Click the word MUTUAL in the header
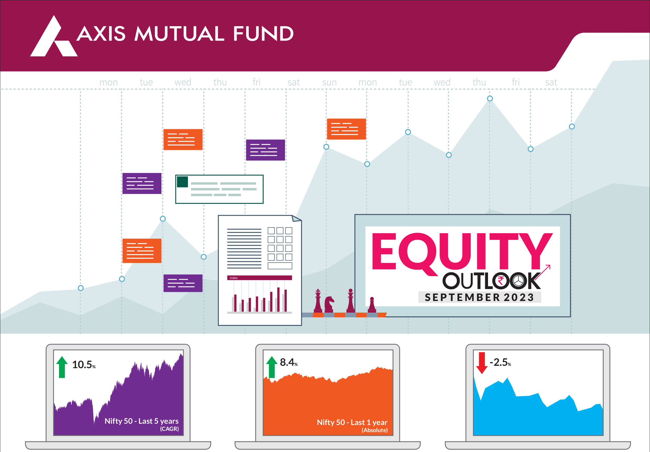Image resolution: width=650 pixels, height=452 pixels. click(180, 34)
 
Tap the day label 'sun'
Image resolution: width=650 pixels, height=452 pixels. click(329, 82)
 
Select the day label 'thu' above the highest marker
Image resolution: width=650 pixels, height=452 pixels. click(479, 82)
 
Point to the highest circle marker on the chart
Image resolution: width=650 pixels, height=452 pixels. click(490, 99)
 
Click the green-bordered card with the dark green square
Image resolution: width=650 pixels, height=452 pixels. click(219, 189)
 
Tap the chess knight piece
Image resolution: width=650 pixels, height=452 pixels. click(329, 303)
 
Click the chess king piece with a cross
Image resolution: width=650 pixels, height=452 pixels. click(318, 300)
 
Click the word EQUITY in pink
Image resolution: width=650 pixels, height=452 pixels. click(462, 252)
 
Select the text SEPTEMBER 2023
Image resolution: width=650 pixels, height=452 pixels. click(480, 297)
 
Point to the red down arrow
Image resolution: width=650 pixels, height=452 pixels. click(482, 363)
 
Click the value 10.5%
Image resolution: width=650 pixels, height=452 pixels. click(84, 364)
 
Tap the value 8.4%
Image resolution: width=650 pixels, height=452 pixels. click(289, 362)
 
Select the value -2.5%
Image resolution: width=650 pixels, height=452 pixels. click(500, 362)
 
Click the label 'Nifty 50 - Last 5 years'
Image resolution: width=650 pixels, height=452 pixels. click(142, 421)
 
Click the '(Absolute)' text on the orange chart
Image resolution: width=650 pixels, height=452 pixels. click(375, 430)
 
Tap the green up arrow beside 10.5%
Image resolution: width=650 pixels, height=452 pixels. click(62, 367)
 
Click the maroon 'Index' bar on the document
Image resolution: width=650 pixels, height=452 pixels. click(259, 278)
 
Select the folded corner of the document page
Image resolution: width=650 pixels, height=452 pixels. click(296, 218)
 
